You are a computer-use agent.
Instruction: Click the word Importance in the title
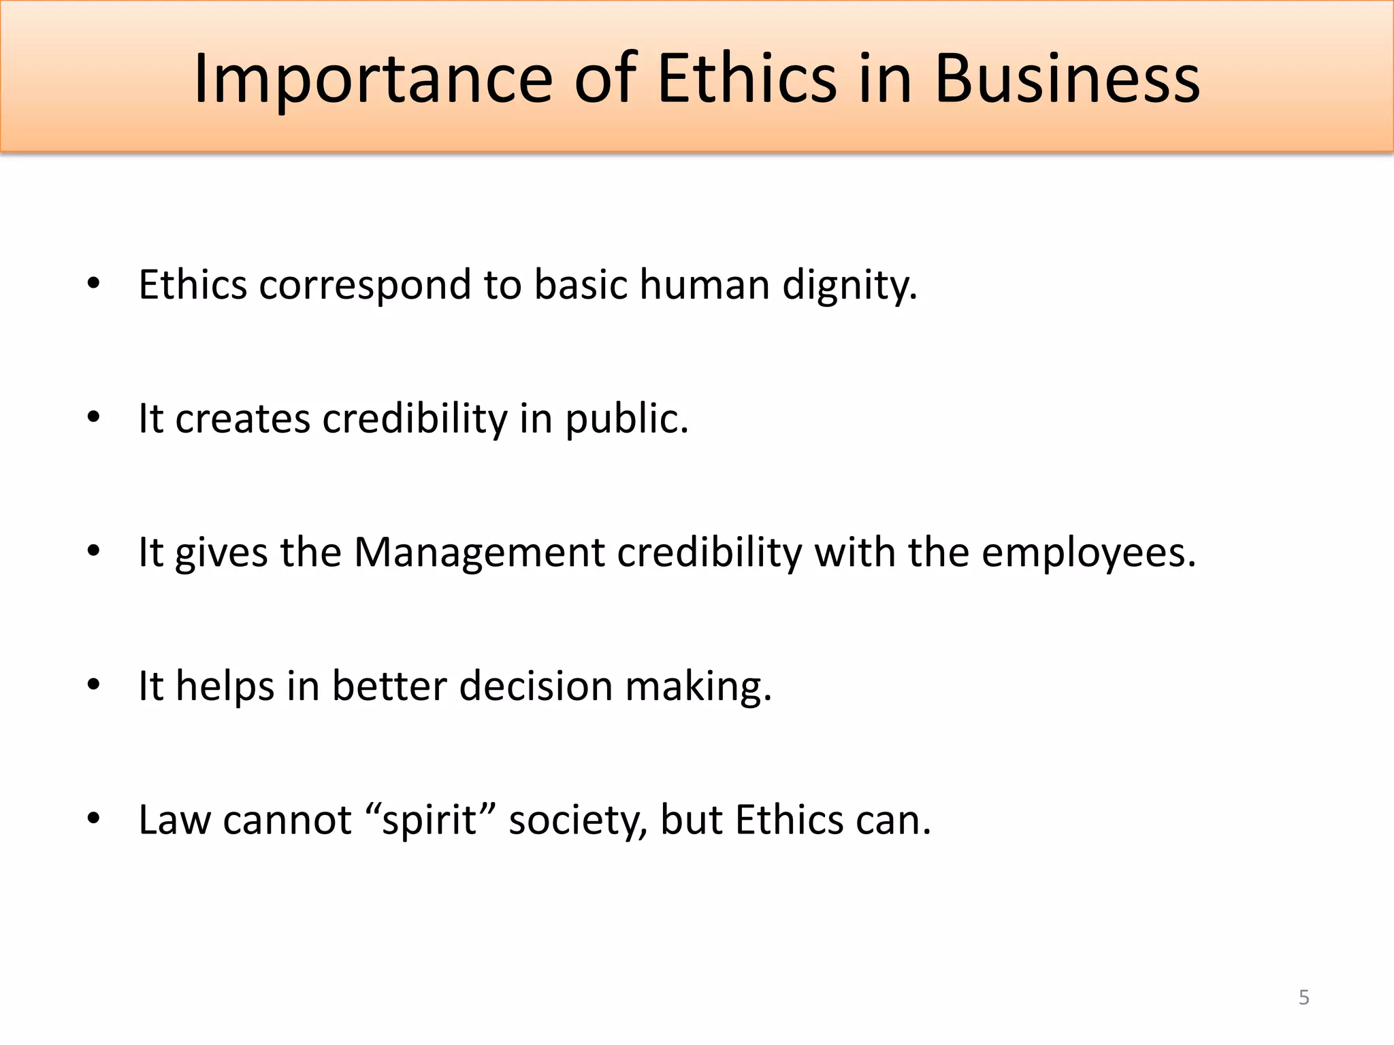373,80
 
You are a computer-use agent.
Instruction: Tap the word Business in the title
1067,80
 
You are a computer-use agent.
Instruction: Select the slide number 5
1304,997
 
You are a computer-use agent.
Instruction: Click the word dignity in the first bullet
849,285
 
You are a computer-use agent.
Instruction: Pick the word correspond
365,285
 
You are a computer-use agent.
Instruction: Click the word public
627,418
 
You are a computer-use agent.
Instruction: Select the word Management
479,552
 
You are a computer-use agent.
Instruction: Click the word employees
1088,552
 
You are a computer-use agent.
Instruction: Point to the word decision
536,686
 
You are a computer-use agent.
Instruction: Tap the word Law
174,820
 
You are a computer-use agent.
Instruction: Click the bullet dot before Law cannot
94,818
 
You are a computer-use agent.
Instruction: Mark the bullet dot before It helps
94,684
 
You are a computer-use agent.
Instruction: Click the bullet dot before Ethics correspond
94,284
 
